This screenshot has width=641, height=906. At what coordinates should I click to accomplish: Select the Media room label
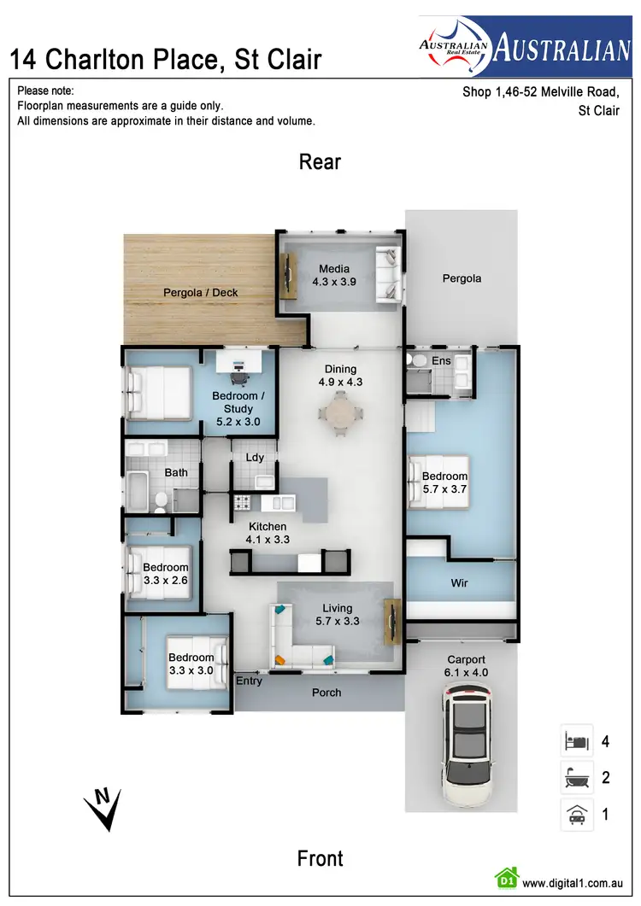334,269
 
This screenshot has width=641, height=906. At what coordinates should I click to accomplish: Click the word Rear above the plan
320,162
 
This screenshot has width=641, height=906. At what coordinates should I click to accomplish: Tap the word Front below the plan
320,858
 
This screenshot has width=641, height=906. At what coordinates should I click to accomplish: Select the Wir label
460,584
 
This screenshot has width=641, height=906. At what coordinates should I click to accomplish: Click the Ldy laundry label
255,457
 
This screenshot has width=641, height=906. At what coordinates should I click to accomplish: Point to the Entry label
249,681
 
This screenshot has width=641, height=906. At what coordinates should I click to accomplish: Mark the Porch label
326,693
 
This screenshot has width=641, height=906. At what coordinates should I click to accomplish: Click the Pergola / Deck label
201,293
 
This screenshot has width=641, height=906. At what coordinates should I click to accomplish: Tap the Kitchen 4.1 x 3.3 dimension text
268,539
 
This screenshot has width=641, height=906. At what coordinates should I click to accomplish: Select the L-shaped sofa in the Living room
295,645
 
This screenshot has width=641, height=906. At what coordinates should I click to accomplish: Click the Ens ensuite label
441,361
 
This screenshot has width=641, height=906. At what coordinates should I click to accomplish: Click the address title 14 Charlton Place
165,59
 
